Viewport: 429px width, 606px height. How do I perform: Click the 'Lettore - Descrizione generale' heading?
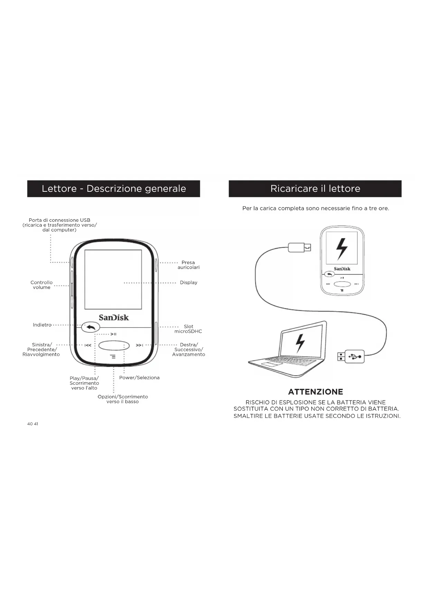point(114,189)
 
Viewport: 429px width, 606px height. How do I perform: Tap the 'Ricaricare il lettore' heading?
point(315,189)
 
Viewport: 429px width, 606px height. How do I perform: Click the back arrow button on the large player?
point(91,327)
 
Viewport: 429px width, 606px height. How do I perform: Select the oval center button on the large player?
point(114,345)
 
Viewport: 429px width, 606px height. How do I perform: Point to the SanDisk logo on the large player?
point(114,317)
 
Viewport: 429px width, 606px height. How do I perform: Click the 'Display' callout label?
point(188,283)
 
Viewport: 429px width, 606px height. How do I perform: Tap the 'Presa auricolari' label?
point(188,265)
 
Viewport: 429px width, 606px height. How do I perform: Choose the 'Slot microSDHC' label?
point(188,329)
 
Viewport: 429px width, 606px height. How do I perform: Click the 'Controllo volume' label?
point(41,285)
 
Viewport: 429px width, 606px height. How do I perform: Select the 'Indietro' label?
point(42,325)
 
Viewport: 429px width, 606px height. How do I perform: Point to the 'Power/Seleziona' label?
point(139,378)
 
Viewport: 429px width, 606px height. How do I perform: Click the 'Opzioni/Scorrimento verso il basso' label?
point(123,399)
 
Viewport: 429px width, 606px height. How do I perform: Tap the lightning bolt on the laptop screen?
point(300,343)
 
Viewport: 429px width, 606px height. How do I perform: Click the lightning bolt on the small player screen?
point(342,248)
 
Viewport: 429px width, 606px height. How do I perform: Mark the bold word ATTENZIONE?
point(316,392)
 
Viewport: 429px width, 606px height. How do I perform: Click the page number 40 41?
point(33,424)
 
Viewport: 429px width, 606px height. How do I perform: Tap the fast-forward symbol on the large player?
point(139,345)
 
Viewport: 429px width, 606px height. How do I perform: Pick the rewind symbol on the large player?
point(88,345)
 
